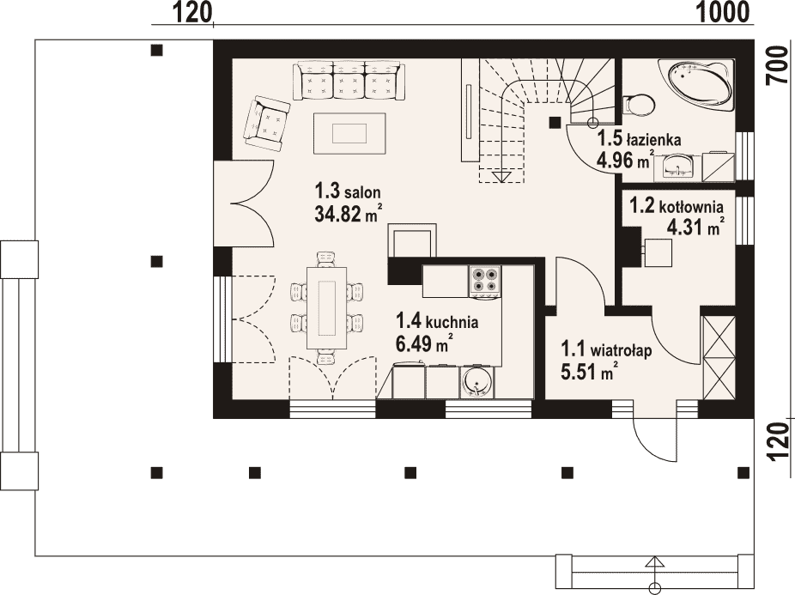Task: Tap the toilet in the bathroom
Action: click(639, 105)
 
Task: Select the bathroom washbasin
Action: click(676, 167)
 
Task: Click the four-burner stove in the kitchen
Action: click(485, 280)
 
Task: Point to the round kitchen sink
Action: click(476, 382)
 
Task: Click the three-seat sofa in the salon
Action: click(349, 81)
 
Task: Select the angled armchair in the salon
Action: click(267, 124)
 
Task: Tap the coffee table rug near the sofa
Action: click(349, 133)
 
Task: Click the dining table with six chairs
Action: click(328, 308)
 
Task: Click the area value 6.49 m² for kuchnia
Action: click(424, 344)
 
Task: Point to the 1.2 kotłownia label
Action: click(677, 206)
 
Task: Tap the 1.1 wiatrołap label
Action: click(606, 350)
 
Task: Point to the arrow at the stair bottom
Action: click(502, 176)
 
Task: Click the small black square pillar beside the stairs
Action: click(555, 122)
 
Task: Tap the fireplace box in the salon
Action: click(412, 242)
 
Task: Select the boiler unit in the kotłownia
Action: click(658, 252)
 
